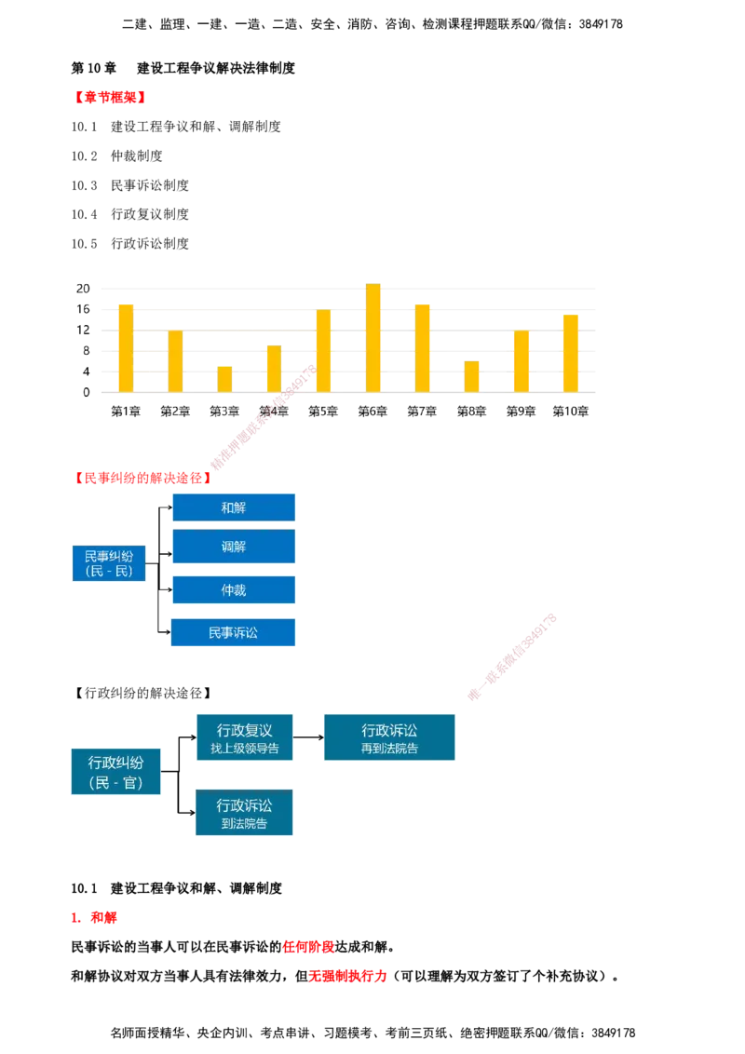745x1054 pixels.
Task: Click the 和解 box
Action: click(x=234, y=507)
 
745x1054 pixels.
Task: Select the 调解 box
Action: click(x=234, y=547)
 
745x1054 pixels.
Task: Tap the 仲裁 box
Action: click(x=234, y=590)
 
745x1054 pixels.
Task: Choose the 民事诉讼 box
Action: click(x=233, y=632)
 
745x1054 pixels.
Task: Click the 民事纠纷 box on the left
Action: click(x=109, y=562)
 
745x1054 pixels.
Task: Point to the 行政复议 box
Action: click(x=245, y=736)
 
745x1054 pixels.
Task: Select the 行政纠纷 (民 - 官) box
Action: click(x=115, y=771)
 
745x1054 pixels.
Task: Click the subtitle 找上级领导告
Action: click(x=245, y=748)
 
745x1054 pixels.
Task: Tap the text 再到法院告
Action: click(x=390, y=748)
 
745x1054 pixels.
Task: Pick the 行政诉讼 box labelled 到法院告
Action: click(x=245, y=813)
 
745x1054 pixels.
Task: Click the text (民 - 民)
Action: click(x=109, y=571)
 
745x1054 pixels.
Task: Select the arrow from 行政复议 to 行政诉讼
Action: click(x=309, y=736)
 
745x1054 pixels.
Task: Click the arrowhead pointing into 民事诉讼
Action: click(x=168, y=631)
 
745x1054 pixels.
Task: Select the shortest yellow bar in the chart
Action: click(x=224, y=378)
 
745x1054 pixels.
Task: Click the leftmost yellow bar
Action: click(x=126, y=346)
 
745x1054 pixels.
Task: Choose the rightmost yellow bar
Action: click(x=571, y=352)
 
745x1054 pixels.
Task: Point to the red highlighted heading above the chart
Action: click(x=112, y=96)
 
